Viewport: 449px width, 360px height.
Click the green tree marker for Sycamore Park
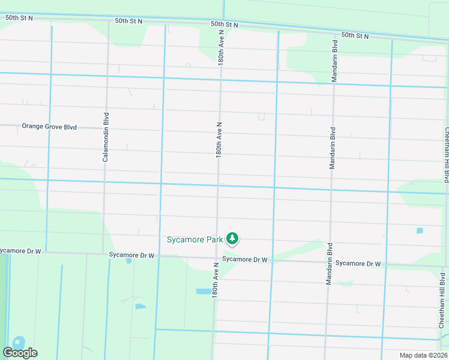click(232, 239)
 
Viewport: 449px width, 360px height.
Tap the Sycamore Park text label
click(194, 239)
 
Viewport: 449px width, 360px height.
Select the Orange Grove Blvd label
click(50, 127)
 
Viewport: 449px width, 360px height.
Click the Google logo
click(20, 353)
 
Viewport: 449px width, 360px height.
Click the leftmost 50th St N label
click(19, 18)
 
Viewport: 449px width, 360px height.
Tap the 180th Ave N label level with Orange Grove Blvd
click(220, 140)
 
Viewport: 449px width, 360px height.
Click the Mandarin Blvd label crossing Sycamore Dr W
click(329, 263)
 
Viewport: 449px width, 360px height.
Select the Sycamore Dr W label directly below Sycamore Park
click(244, 259)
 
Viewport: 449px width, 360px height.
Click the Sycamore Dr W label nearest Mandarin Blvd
click(358, 263)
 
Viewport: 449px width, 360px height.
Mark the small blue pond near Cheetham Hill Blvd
click(419, 230)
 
